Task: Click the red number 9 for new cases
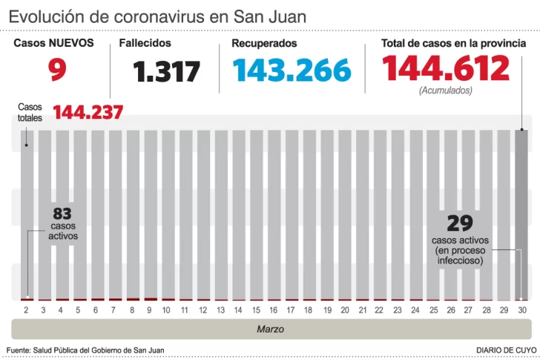click(x=57, y=71)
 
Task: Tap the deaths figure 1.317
click(x=167, y=72)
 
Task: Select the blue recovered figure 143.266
click(x=291, y=71)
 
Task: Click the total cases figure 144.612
click(x=445, y=69)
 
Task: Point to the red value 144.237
click(x=88, y=113)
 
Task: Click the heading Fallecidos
click(x=145, y=44)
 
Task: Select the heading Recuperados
click(x=264, y=44)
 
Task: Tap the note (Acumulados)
click(x=445, y=91)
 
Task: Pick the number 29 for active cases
click(x=460, y=223)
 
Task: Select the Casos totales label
click(x=30, y=112)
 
